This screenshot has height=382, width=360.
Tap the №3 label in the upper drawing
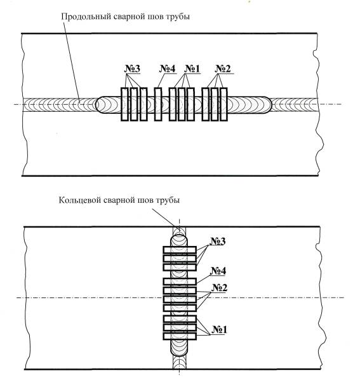(132, 69)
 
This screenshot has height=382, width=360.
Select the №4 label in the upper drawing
(168, 69)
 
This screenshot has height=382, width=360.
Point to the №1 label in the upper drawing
(192, 69)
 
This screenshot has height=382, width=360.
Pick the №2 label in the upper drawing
(222, 69)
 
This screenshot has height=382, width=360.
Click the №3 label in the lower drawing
(218, 241)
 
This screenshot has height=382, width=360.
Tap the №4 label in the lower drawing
(218, 271)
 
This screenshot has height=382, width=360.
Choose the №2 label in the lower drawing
(219, 288)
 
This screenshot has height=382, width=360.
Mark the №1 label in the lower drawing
(219, 330)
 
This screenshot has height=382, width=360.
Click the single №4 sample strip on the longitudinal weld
(158, 104)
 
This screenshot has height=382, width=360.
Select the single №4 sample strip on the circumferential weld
(180, 282)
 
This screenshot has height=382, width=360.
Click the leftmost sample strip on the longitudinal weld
(124, 104)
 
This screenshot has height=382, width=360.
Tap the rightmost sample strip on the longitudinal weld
(223, 104)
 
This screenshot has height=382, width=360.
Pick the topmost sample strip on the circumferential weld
(180, 250)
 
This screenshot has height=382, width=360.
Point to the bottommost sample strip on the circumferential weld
(180, 336)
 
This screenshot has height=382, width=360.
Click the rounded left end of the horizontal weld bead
(97, 105)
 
